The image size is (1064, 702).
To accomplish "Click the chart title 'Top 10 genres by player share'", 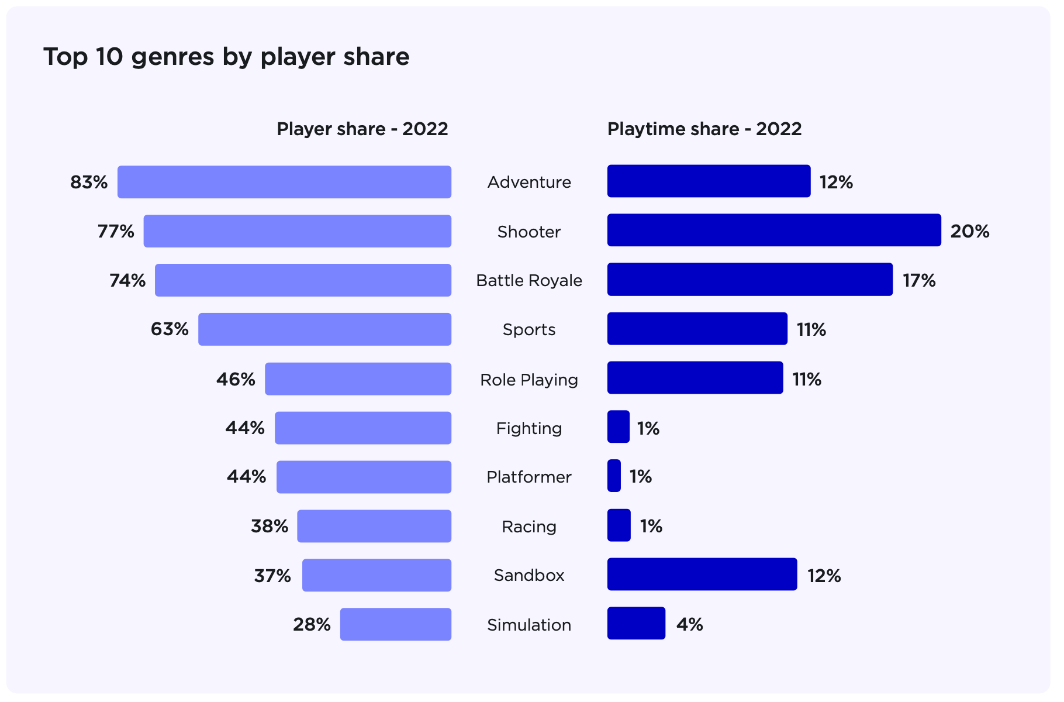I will pos(226,57).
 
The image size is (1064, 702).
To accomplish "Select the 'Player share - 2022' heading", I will pos(362,129).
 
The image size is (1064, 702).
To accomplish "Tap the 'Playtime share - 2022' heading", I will pos(704,129).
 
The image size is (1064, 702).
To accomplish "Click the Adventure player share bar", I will pos(284,182).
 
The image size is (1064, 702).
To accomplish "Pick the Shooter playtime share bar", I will pos(774,230).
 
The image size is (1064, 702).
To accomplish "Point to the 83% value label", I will pos(89,183).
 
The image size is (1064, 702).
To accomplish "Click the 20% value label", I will pos(969,232).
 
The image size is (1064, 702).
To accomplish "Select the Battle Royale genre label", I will pos(529,281).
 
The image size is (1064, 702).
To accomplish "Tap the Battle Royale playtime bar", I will pos(749,280).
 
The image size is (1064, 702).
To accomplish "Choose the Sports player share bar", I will pos(324,329).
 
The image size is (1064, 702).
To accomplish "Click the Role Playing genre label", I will pos(529,380).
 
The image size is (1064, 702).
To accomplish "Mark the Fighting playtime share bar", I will pos(619,426).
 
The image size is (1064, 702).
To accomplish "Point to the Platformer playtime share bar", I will pos(614,476).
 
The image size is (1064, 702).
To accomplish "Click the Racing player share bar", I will pos(374,526).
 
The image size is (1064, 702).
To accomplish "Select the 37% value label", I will pos(272,576).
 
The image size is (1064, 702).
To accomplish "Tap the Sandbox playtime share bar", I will pos(702,574).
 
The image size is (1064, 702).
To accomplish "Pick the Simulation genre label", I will pos(529,625).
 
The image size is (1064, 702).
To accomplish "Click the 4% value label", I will pos(689,625).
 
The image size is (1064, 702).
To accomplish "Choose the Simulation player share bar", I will pos(396,624).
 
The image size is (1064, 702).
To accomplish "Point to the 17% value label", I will pos(919,281).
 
